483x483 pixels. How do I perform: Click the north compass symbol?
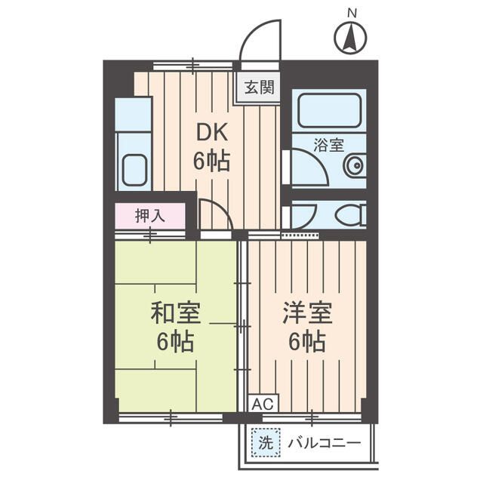tap(349, 38)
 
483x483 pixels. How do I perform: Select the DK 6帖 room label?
tap(213, 146)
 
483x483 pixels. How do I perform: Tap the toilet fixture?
tap(348, 215)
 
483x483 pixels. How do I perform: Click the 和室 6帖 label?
tap(175, 326)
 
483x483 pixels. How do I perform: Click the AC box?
tap(260, 404)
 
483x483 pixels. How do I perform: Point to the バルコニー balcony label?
tap(323, 442)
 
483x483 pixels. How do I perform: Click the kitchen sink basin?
tap(134, 170)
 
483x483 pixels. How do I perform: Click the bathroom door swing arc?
tap(306, 166)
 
